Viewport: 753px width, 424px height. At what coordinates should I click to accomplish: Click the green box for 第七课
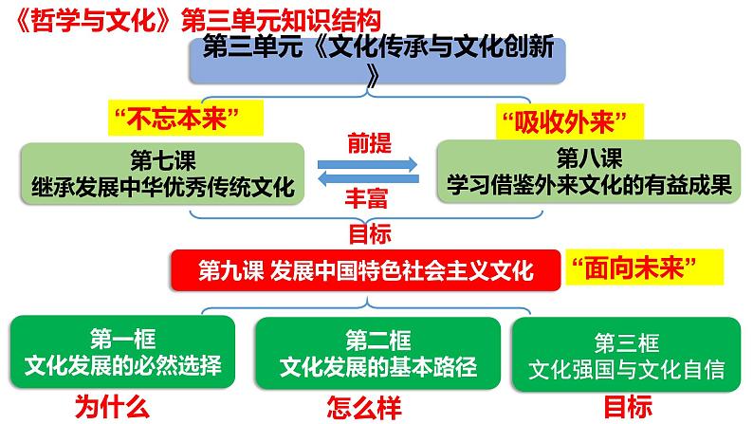pyautogui.click(x=161, y=173)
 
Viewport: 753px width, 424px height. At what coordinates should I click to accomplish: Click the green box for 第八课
pyautogui.click(x=589, y=173)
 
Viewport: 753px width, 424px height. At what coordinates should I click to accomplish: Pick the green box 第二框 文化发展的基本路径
pyautogui.click(x=377, y=352)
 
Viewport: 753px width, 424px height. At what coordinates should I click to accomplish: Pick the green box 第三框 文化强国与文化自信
pyautogui.click(x=626, y=352)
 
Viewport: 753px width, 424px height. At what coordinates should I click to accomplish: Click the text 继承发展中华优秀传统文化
pyautogui.click(x=162, y=186)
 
